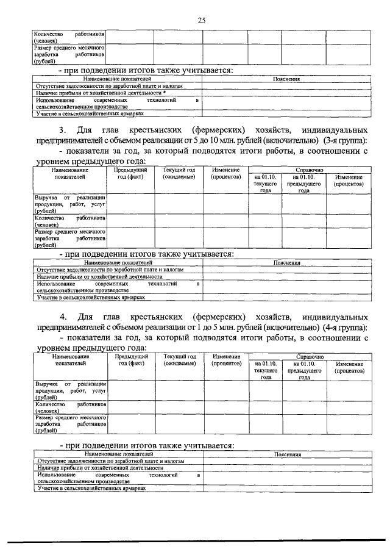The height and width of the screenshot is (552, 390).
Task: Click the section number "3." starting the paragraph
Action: [62, 131]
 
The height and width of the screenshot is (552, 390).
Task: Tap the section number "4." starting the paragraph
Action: [62, 317]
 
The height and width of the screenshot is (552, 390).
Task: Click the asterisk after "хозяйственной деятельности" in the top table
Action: [164, 92]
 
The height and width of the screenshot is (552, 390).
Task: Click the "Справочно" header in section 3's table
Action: [309, 170]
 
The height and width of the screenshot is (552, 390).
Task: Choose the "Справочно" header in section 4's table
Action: [309, 356]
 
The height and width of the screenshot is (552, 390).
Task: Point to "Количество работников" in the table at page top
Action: [70, 37]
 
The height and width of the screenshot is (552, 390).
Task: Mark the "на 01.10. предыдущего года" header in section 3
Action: [303, 183]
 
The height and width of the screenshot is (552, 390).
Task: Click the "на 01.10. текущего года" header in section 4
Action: [266, 370]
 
